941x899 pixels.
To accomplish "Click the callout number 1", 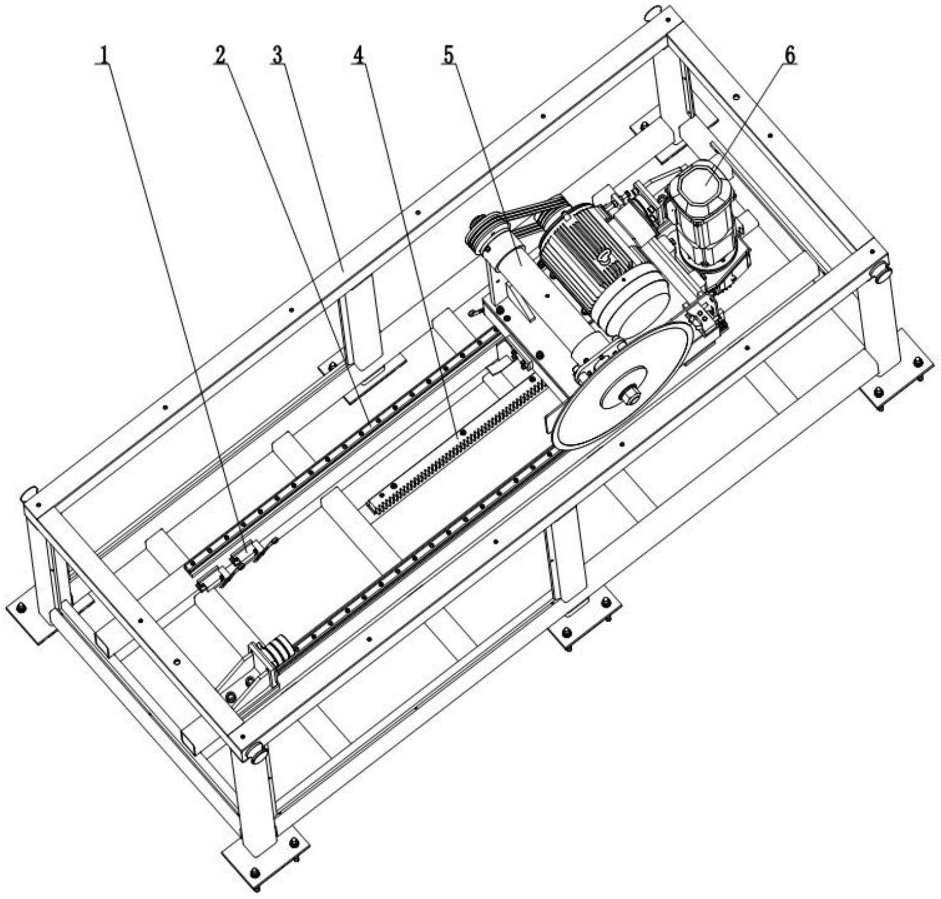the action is tap(103, 55).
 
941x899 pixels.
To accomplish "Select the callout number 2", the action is tap(220, 55).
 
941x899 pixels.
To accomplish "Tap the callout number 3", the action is tap(277, 55).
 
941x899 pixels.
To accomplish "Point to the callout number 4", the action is tap(358, 55).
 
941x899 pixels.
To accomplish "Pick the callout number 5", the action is tap(449, 55).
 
